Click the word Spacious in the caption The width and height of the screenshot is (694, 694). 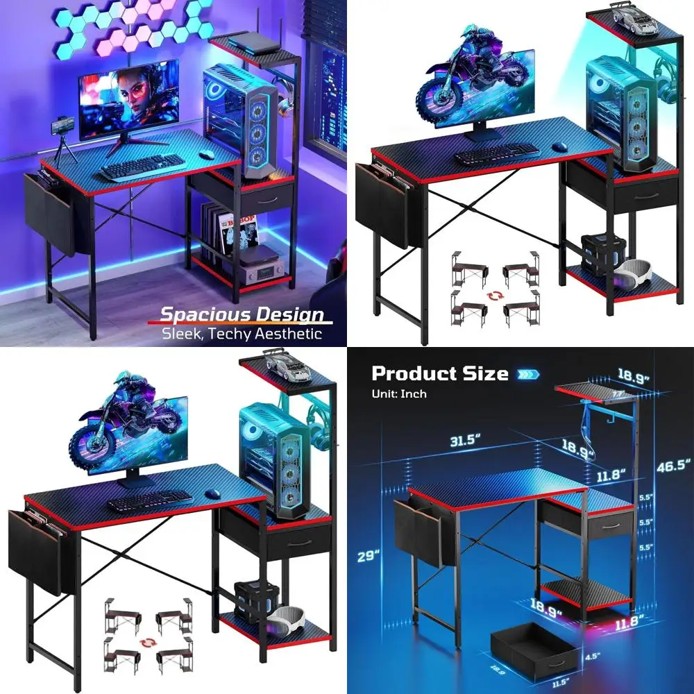click(197, 315)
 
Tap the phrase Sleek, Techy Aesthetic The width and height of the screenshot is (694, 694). click(242, 334)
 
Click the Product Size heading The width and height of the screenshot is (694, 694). click(439, 373)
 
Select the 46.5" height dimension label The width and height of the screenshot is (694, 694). click(673, 466)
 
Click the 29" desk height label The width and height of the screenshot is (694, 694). click(369, 556)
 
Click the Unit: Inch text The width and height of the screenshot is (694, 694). click(399, 393)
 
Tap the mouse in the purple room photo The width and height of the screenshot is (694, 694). click(205, 154)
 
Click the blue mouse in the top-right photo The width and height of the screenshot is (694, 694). click(559, 146)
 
